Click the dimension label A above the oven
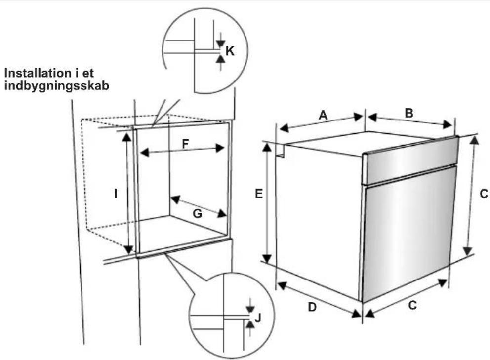tap(323, 115)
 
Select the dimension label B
tap(409, 113)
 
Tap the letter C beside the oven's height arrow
tap(484, 194)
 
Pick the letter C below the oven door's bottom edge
tap(412, 305)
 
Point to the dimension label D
tap(312, 307)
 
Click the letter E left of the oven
tap(259, 194)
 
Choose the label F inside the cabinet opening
tap(185, 144)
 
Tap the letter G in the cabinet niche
tap(198, 214)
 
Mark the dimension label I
tap(116, 194)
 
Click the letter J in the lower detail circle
tap(258, 318)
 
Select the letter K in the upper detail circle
tap(230, 51)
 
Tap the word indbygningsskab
tap(57, 86)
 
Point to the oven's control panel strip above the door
tap(410, 160)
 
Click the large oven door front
tap(408, 235)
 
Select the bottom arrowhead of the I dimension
tap(128, 249)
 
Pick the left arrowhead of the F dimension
tap(144, 153)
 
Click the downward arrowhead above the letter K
tap(221, 44)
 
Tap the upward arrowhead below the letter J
tap(249, 324)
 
